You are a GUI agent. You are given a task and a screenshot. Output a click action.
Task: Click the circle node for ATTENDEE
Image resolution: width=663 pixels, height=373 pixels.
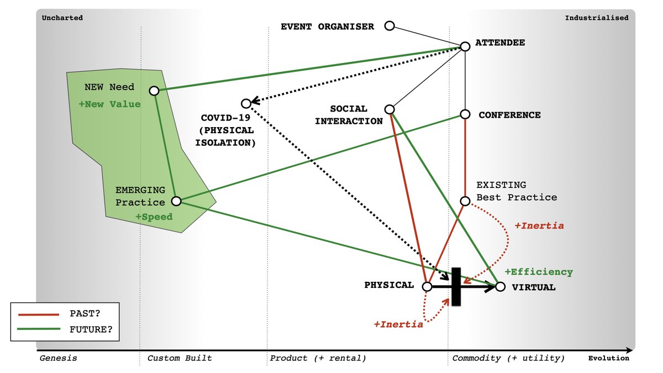(465, 46)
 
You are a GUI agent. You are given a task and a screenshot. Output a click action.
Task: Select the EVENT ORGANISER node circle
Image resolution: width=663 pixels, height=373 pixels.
(390, 26)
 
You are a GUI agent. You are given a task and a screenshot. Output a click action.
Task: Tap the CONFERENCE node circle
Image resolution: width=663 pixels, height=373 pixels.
(465, 114)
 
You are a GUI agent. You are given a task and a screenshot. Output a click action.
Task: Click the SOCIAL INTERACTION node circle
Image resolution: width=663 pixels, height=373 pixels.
(390, 109)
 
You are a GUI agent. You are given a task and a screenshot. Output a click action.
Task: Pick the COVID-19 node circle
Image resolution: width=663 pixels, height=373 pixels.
(246, 103)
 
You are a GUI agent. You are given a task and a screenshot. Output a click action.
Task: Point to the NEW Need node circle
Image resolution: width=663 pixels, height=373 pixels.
(154, 91)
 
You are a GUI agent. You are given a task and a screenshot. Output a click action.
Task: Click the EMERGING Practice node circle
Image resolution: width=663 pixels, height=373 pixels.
(176, 201)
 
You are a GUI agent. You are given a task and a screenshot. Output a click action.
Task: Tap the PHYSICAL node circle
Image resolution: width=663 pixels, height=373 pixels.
(427, 287)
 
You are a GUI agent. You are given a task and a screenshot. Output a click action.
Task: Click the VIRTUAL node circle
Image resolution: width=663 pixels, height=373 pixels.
(500, 287)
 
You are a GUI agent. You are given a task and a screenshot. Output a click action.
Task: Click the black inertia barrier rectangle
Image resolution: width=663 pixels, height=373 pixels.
(456, 286)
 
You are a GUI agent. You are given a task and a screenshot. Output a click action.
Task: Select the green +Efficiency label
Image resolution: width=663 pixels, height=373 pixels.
(538, 272)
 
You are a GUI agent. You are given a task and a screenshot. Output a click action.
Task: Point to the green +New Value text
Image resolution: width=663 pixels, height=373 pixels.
(109, 104)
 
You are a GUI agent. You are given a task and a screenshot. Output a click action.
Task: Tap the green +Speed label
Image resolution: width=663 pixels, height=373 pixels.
(154, 217)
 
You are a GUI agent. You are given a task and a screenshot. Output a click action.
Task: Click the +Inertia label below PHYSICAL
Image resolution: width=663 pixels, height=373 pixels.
(398, 324)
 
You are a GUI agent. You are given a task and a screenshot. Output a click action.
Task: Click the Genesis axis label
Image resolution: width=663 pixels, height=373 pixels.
(58, 358)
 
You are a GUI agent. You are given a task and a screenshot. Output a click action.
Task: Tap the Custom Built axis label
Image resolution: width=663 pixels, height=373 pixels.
(179, 358)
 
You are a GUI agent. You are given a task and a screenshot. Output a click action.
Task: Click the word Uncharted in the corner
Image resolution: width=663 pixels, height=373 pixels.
(62, 18)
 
